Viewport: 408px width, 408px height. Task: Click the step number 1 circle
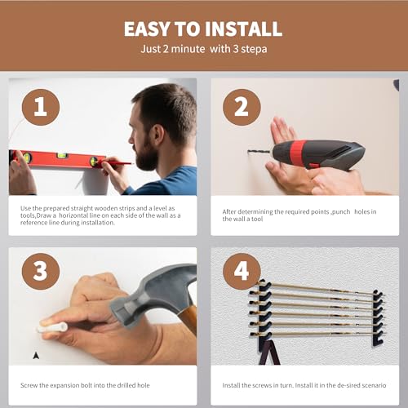pos(41,107)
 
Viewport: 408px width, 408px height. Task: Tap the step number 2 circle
pos(242,107)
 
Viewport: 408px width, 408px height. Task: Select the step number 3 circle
pos(41,272)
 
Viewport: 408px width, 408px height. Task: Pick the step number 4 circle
pos(242,272)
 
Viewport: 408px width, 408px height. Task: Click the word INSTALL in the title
pos(243,29)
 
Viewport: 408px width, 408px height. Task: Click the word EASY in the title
pos(147,29)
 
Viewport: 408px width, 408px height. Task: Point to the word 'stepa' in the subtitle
pos(254,50)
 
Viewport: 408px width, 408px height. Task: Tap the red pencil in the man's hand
pos(116,163)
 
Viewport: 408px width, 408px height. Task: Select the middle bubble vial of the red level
pos(62,156)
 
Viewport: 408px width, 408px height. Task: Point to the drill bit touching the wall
pos(259,152)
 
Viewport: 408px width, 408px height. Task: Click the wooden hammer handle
pos(188,319)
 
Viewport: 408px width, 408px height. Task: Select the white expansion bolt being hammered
pos(52,327)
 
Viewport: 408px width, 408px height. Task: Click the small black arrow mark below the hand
pos(36,355)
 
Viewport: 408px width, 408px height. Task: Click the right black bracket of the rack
pos(378,317)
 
